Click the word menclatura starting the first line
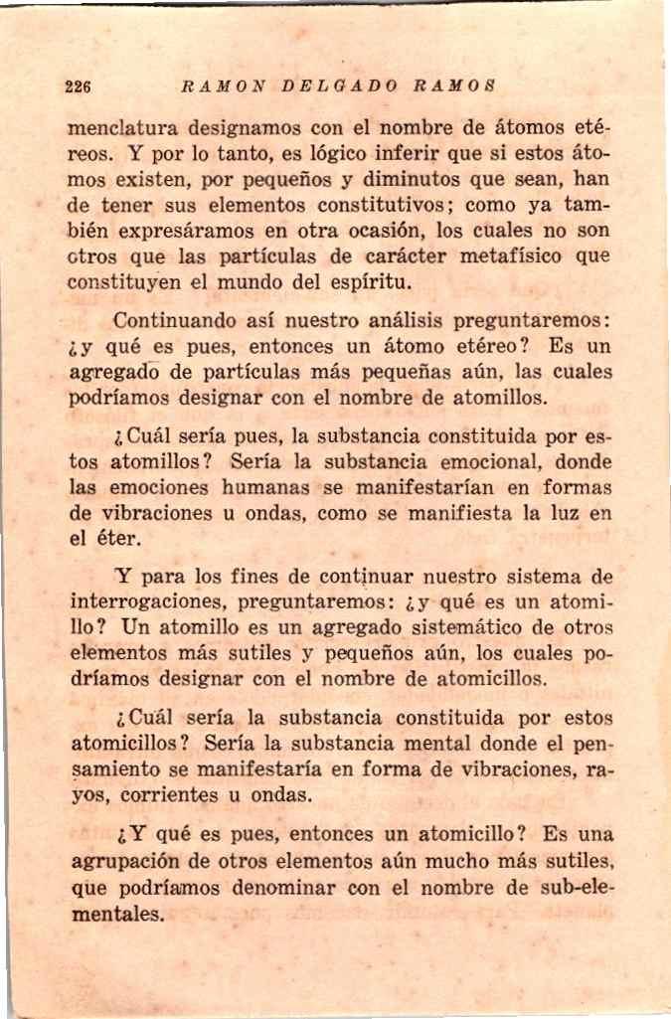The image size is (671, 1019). point(118,128)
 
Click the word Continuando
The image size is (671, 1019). point(181,322)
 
